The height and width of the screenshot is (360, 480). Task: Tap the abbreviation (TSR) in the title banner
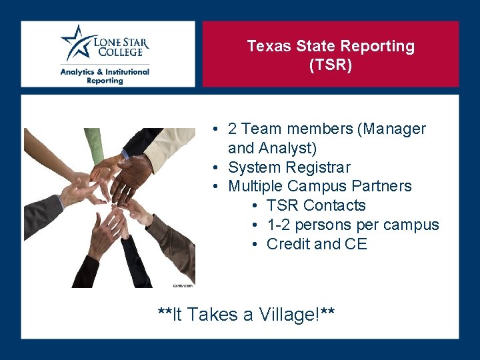pyautogui.click(x=331, y=65)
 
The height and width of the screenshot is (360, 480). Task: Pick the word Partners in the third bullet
pyautogui.click(x=381, y=186)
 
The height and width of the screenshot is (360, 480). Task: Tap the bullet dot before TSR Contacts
pyautogui.click(x=255, y=205)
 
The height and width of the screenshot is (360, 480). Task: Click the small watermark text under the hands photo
pyautogui.click(x=182, y=285)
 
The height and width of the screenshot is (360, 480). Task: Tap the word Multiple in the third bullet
pyautogui.click(x=254, y=186)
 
